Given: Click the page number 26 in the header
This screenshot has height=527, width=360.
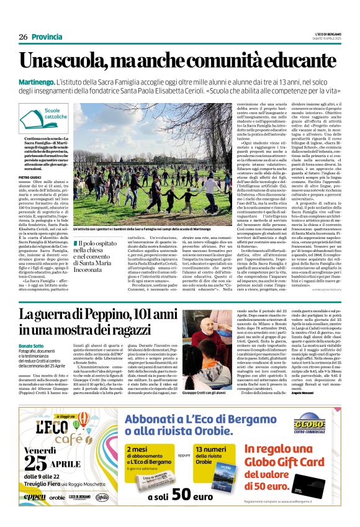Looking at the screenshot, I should (23, 37).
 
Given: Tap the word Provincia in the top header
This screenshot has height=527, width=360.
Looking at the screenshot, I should (47, 37).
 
